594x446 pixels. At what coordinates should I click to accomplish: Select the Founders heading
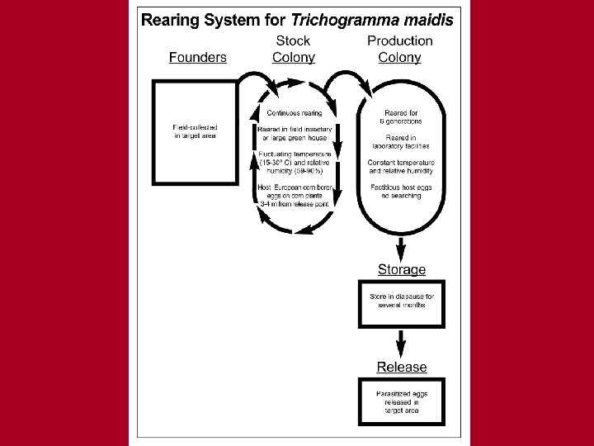pyautogui.click(x=197, y=57)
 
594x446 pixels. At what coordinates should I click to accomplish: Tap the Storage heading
pyautogui.click(x=402, y=269)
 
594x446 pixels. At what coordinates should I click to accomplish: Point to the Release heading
pyautogui.click(x=402, y=367)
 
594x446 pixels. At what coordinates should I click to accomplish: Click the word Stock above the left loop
pyautogui.click(x=293, y=40)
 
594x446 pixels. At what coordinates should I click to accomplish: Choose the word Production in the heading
pyautogui.click(x=400, y=40)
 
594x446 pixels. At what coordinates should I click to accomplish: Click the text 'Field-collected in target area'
pyautogui.click(x=196, y=131)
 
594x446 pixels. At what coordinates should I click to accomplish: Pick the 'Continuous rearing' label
pyautogui.click(x=295, y=112)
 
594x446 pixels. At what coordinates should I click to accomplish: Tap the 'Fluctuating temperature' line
pyautogui.click(x=295, y=154)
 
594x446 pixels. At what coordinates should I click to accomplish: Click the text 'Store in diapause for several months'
pyautogui.click(x=402, y=300)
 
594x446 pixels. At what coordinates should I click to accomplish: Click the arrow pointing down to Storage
pyautogui.click(x=402, y=247)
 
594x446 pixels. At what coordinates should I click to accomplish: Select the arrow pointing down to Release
pyautogui.click(x=402, y=344)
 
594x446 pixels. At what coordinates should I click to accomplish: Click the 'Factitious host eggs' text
pyautogui.click(x=401, y=187)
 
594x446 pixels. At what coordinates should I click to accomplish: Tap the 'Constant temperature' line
pyautogui.click(x=401, y=163)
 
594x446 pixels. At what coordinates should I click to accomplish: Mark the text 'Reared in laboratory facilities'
pyautogui.click(x=401, y=141)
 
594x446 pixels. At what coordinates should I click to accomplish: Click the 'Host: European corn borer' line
pyautogui.click(x=295, y=188)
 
